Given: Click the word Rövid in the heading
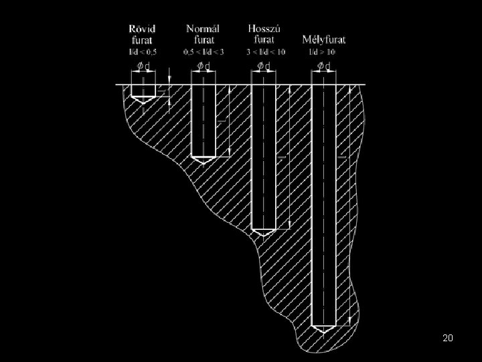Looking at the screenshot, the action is point(143,29).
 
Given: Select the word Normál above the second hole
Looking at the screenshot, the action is point(203,29).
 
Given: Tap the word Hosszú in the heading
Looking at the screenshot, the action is point(264,29).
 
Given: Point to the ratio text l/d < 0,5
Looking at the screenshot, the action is point(143,51).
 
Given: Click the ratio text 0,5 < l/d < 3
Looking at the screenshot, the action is point(203,51).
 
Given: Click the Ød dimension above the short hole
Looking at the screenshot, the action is point(143,66).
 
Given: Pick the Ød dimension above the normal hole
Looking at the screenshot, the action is point(203,66).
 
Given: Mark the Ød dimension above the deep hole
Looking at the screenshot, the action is point(324,66).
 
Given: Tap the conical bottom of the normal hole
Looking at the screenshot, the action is point(203,161).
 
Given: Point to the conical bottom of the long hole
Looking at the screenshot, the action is point(263,232).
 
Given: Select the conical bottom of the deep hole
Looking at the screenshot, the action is point(323,329).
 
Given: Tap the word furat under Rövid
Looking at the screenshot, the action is point(143,39).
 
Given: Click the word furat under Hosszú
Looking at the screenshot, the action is point(264,39).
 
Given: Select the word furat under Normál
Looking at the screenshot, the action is point(203,39).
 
